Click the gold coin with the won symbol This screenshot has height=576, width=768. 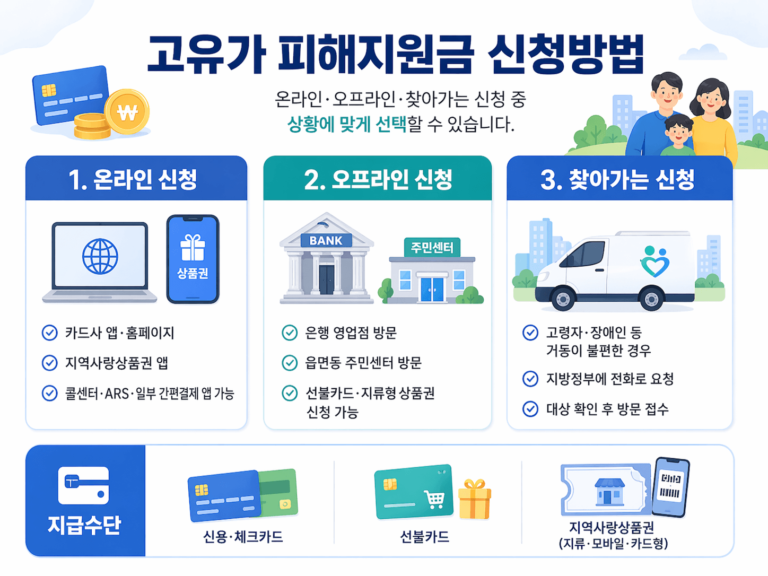pos(127,112)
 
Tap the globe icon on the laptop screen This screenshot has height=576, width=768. pos(100,257)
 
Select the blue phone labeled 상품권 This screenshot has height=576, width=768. pos(193,259)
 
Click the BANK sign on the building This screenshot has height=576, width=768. pos(326,240)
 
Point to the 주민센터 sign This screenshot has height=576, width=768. pos(432,248)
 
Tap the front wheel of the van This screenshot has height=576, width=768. pos(563,300)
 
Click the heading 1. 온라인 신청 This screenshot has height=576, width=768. pos(133,179)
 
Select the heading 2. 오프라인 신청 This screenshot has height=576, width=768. pos(378,179)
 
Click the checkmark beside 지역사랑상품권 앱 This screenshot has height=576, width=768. pos(50,363)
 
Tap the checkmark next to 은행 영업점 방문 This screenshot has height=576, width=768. pos(290,333)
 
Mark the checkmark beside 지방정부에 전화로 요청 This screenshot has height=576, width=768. pos(530,379)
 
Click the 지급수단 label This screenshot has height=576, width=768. pos(84,525)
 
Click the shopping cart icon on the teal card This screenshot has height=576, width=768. pos(434,499)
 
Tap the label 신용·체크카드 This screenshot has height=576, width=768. pos(243,537)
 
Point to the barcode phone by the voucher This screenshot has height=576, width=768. pos(670,487)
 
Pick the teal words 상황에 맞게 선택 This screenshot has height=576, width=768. pos(347,125)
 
